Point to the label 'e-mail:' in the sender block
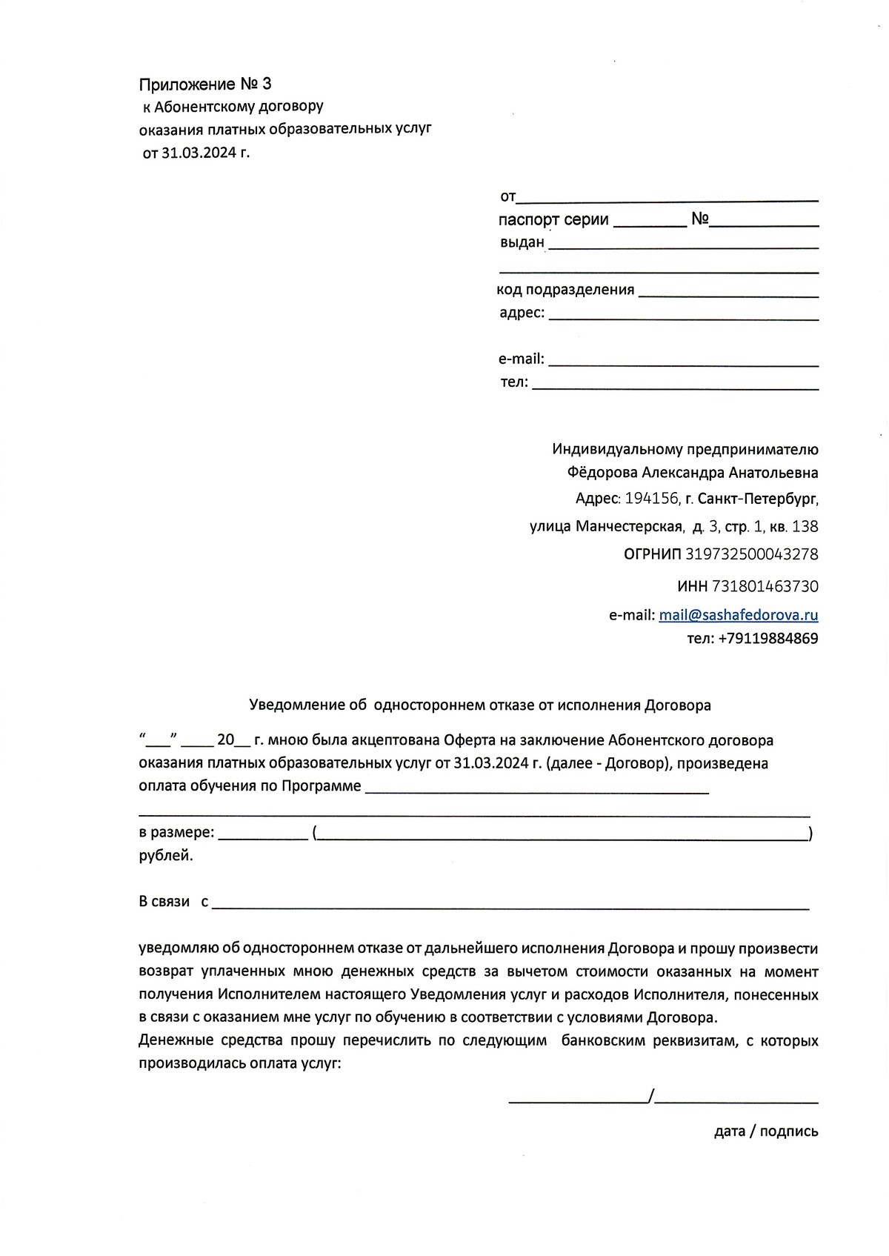tap(522, 359)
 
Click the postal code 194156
tap(652, 499)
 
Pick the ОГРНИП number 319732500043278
tap(752, 554)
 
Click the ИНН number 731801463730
tap(765, 587)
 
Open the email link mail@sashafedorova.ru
tap(738, 615)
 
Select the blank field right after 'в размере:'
tap(263, 834)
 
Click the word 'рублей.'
tap(166, 856)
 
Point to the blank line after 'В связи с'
tap(511, 904)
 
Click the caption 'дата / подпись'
tap(766, 1132)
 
